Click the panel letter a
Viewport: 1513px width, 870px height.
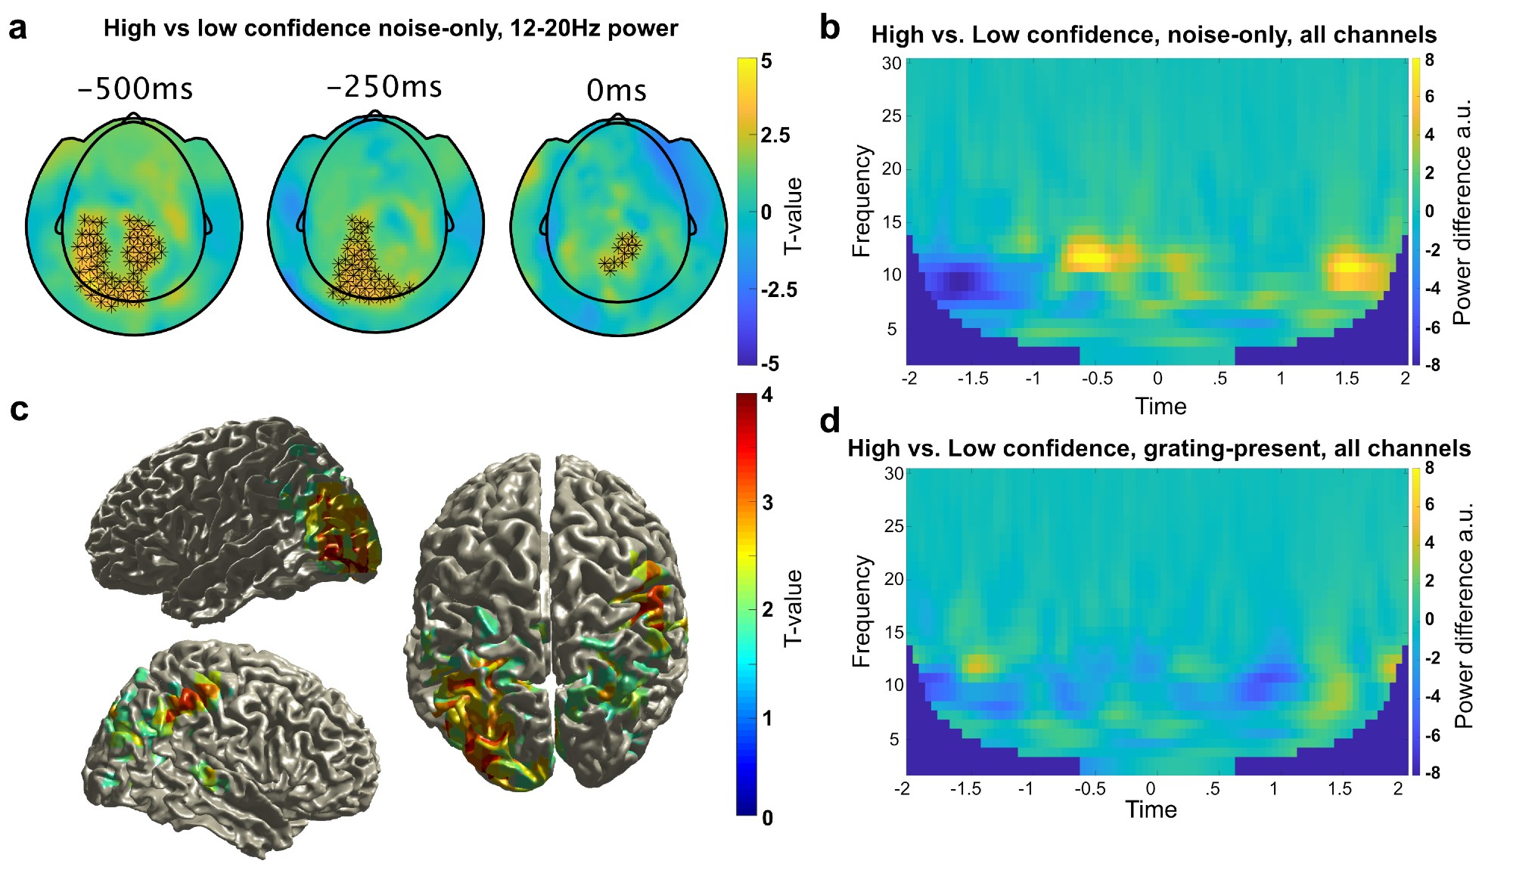pos(17,29)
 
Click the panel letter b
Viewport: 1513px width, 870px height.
pos(830,29)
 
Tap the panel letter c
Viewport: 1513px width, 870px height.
pos(19,410)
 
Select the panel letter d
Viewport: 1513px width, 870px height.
pos(830,421)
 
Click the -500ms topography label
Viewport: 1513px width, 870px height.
pos(135,89)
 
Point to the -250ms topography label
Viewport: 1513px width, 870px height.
pos(384,87)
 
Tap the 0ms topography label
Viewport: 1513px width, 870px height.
pos(617,91)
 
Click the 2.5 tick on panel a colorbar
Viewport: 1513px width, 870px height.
pos(775,135)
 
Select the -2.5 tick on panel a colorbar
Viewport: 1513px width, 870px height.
pos(778,290)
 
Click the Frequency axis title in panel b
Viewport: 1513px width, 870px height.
pos(862,201)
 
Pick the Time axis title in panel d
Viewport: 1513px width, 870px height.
pos(1151,810)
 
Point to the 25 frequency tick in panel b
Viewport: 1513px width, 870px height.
pos(892,116)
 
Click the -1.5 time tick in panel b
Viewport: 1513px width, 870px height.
pos(972,379)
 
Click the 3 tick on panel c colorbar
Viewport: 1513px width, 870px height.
pos(768,503)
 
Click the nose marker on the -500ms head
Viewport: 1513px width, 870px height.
pos(134,116)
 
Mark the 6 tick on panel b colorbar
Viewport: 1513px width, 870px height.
pos(1429,97)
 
